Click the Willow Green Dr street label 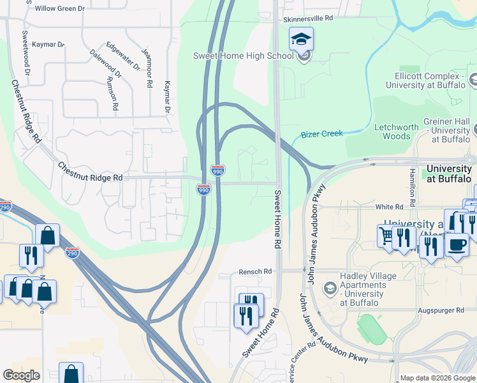59,8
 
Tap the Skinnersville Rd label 309,19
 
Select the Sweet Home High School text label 244,56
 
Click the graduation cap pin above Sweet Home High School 301,40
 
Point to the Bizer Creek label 321,134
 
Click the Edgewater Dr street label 124,56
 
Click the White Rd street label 389,207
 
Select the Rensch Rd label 255,271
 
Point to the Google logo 21,375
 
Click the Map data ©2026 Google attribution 437,378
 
